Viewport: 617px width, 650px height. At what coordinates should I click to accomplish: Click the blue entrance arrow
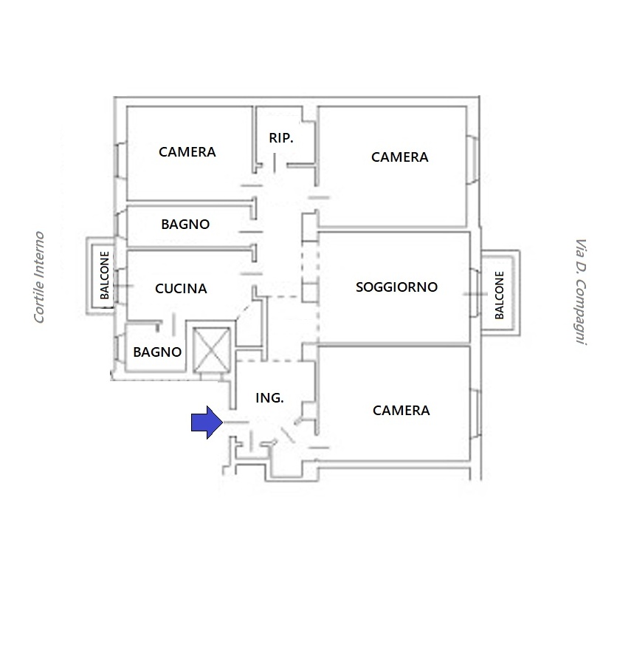(207, 422)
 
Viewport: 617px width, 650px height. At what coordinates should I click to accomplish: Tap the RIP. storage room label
(281, 138)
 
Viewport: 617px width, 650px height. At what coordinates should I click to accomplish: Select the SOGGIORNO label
(397, 287)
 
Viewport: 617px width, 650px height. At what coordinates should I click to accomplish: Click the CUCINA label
(181, 289)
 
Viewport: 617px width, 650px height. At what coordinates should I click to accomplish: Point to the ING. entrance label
(269, 398)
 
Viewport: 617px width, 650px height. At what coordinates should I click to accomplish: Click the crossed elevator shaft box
(212, 350)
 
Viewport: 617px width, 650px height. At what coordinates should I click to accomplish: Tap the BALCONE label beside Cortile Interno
(104, 275)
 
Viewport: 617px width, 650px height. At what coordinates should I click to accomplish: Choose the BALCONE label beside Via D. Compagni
(500, 295)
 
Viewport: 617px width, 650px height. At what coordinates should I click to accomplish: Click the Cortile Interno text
(39, 277)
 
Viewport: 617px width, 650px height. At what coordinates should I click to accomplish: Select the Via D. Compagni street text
(581, 292)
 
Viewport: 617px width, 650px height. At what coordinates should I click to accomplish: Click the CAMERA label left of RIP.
(187, 152)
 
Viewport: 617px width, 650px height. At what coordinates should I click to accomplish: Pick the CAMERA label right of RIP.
(399, 157)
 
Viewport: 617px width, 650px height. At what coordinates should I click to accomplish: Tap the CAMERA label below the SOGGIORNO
(401, 411)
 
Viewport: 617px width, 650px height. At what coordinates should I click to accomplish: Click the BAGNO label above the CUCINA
(185, 225)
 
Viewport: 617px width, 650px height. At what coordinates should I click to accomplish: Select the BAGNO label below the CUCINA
(157, 352)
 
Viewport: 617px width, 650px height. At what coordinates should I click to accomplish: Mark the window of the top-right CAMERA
(473, 160)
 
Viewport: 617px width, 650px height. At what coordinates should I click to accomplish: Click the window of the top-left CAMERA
(120, 160)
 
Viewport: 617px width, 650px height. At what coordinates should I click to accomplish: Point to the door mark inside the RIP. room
(275, 163)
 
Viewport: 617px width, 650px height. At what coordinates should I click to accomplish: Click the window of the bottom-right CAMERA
(476, 414)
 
